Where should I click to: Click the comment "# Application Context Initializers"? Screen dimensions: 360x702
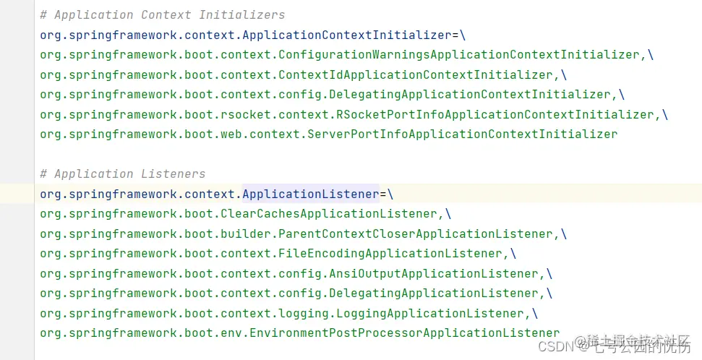tap(162, 15)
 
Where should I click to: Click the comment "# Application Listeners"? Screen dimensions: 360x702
tap(122, 174)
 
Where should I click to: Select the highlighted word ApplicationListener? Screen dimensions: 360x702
tap(310, 194)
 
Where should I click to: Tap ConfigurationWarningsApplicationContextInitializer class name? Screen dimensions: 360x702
tap(459, 55)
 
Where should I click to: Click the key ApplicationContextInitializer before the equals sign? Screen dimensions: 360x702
tap(347, 35)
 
